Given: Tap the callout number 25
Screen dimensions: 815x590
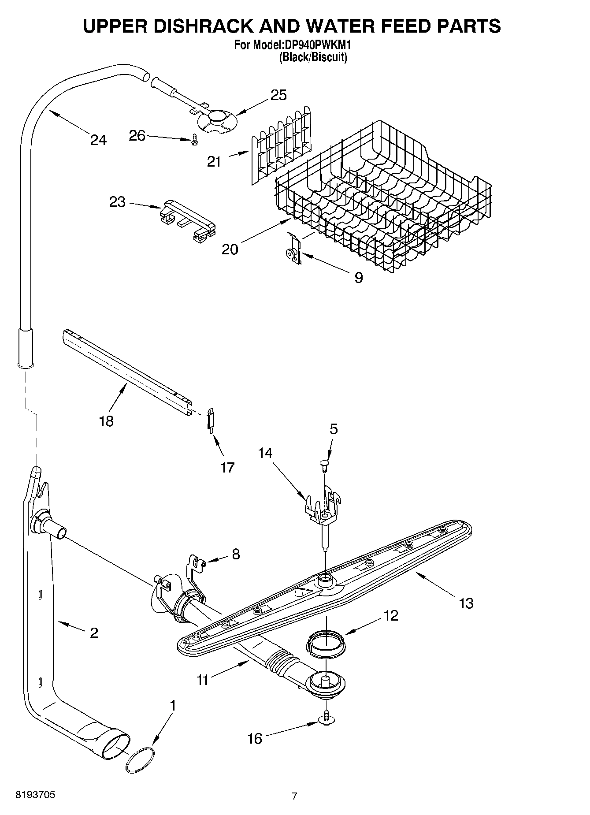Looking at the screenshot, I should pyautogui.click(x=278, y=95).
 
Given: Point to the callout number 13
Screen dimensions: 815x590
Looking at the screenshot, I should pyautogui.click(x=466, y=603).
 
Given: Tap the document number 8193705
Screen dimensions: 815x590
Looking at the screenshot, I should pyautogui.click(x=35, y=795).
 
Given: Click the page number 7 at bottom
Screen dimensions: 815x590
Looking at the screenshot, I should pyautogui.click(x=294, y=796).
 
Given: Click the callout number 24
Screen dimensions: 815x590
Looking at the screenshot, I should pyautogui.click(x=98, y=140).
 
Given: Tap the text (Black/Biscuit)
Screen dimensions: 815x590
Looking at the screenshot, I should pyautogui.click(x=312, y=57).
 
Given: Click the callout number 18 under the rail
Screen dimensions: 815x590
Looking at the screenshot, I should pyautogui.click(x=106, y=421).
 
